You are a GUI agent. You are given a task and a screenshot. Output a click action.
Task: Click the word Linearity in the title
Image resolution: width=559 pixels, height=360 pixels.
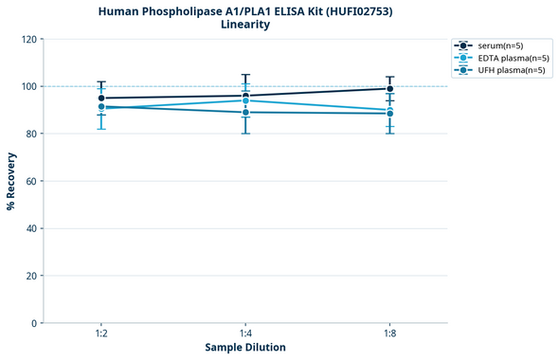[x=245, y=25]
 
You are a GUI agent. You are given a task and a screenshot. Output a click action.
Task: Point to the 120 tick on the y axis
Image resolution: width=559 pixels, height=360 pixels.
[x=28, y=39]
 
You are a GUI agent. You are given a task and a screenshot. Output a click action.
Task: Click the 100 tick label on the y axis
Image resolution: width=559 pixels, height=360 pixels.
[x=28, y=86]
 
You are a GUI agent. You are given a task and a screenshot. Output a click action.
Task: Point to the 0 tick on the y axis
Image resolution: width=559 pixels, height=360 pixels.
[x=34, y=323]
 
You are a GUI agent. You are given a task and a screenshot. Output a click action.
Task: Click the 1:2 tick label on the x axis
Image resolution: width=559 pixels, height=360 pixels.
[x=101, y=333]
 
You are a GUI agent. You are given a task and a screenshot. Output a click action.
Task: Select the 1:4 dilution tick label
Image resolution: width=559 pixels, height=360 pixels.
[x=245, y=333]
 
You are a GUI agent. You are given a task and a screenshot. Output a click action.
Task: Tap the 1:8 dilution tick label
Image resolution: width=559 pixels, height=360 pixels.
[x=389, y=333]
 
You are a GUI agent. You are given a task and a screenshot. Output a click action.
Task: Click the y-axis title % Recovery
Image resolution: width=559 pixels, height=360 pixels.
[x=11, y=180]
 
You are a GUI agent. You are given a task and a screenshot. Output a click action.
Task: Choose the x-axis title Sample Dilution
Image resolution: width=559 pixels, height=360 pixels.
[x=245, y=348]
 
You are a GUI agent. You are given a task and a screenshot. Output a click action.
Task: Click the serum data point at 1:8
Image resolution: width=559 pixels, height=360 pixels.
[x=389, y=89]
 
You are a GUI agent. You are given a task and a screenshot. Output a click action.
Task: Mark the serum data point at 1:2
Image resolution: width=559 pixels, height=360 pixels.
[x=101, y=99]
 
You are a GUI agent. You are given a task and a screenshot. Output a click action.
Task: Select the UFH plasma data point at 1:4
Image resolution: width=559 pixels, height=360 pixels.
[x=245, y=113]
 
